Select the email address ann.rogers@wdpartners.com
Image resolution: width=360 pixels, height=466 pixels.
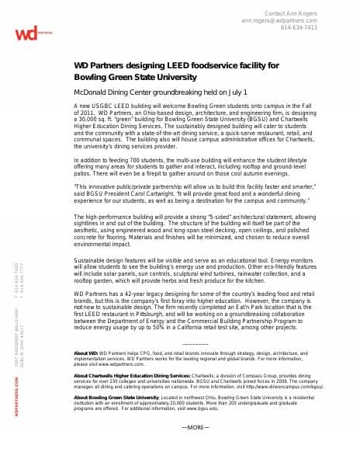pos(279,20)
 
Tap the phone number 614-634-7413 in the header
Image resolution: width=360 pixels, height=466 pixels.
pos(299,27)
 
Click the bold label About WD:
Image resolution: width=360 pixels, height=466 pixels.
pos(85,353)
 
